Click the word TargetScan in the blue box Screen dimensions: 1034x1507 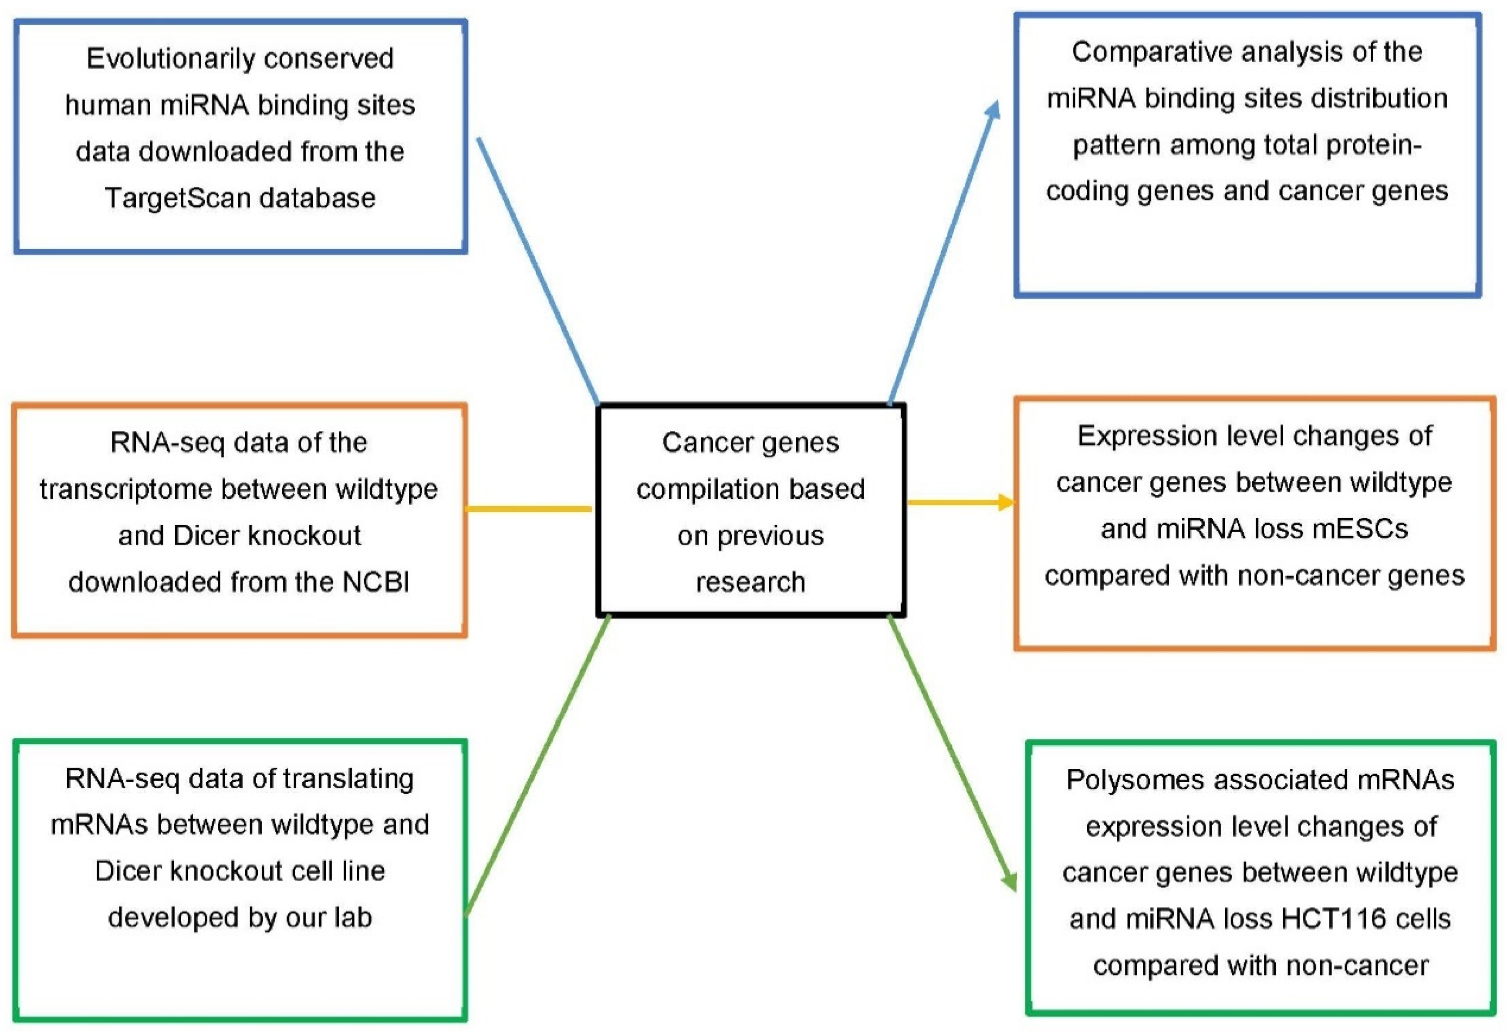click(176, 198)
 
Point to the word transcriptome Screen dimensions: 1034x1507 click(125, 489)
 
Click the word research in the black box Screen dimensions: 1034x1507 click(750, 582)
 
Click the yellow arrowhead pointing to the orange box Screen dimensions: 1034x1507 click(1006, 503)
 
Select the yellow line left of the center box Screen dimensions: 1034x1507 click(528, 509)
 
